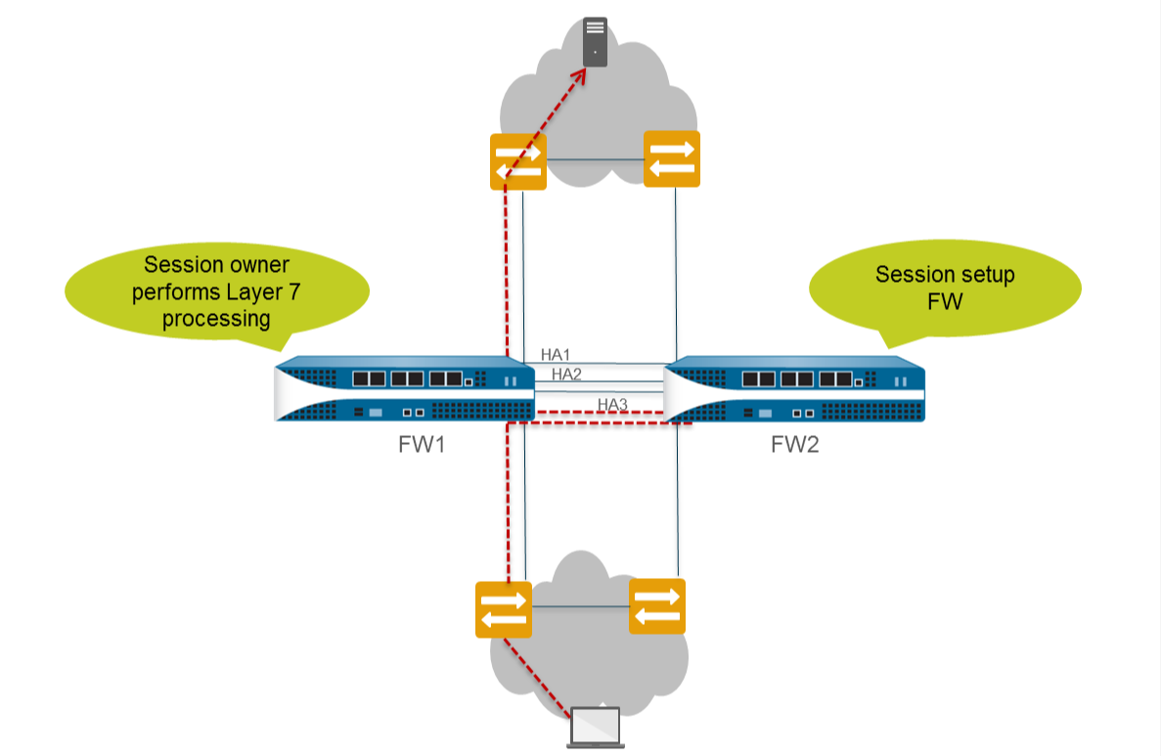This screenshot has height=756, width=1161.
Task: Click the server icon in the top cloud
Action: click(x=595, y=42)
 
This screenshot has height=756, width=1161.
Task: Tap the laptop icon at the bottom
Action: click(x=597, y=726)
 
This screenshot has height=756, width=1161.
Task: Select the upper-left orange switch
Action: click(x=517, y=160)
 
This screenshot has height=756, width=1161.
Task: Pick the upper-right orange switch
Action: click(x=672, y=158)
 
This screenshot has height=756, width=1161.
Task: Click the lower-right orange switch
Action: click(x=657, y=606)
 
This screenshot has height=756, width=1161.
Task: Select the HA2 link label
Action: click(x=567, y=374)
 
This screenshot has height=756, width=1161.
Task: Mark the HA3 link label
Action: click(x=612, y=404)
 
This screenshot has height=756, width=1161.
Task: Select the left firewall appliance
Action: click(x=405, y=389)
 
